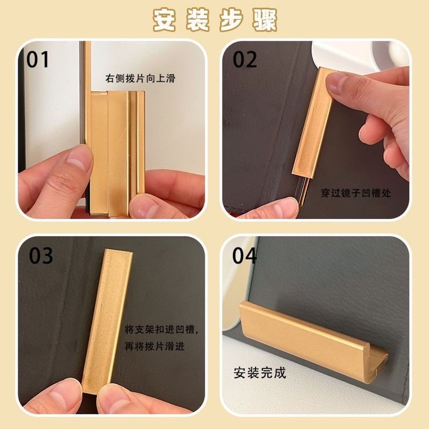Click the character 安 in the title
click(164, 20)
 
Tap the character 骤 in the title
click(265, 20)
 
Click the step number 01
click(37, 59)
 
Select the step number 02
click(245, 59)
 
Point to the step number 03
click(41, 256)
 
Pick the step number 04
click(244, 256)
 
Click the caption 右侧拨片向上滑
click(140, 78)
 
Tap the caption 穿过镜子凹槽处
click(356, 193)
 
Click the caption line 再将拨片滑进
click(155, 346)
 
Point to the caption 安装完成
click(260, 372)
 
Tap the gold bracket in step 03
click(107, 320)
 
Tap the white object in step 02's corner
click(359, 56)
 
